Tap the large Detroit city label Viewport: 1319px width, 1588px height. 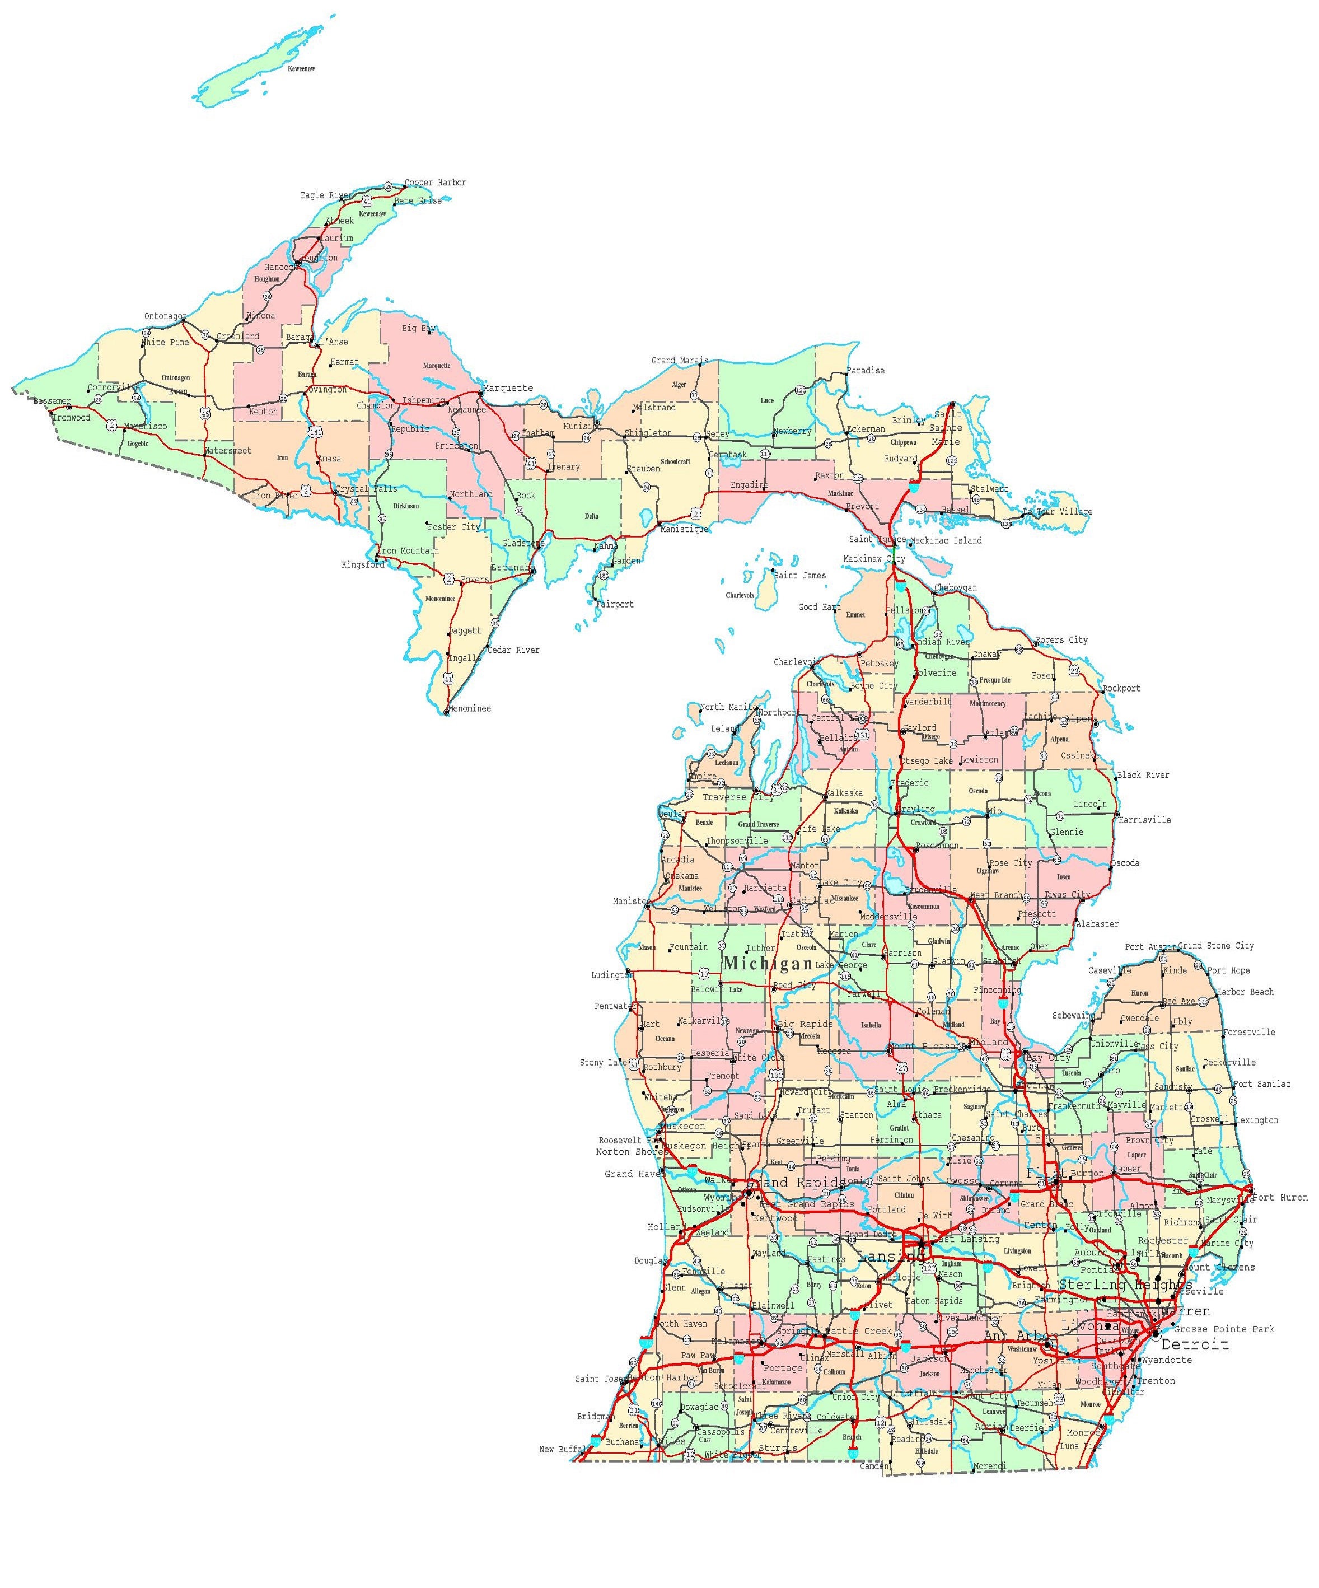[1194, 1344]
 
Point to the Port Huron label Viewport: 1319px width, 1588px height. [1280, 1198]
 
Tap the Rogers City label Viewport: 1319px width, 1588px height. [1061, 641]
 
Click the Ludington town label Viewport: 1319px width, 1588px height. [611, 975]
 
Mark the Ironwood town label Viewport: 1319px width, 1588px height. [71, 417]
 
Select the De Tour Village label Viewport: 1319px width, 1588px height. [1058, 512]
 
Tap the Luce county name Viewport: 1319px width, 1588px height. [767, 401]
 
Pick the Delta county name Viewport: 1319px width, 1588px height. [591, 516]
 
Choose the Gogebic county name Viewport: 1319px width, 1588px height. [138, 444]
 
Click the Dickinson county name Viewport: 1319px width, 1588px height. [406, 506]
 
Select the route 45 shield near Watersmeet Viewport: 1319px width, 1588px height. [205, 414]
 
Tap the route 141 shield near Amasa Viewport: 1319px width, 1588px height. [315, 432]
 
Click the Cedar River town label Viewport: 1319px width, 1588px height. [513, 650]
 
